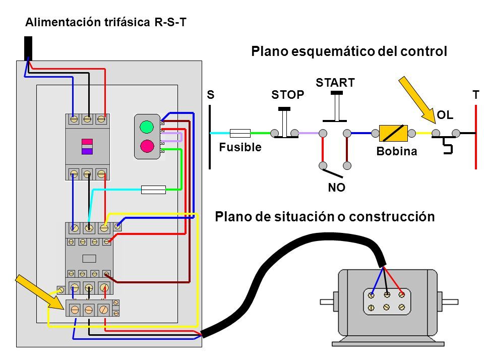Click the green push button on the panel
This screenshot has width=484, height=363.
click(x=147, y=127)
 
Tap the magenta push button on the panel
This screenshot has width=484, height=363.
click(x=147, y=146)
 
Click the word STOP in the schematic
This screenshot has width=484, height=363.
click(x=288, y=94)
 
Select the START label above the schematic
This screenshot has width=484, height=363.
click(x=335, y=83)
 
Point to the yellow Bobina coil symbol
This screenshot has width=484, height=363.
click(x=393, y=133)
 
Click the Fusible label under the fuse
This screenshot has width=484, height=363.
click(x=240, y=147)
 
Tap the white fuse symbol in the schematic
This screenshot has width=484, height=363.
click(x=240, y=133)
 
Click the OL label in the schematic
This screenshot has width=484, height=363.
click(x=445, y=115)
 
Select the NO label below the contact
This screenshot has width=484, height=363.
click(x=336, y=188)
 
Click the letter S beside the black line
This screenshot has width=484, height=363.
click(x=211, y=94)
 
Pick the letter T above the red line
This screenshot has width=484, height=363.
click(x=476, y=95)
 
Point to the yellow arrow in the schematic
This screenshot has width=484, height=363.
click(x=417, y=100)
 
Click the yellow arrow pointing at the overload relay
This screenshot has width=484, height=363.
click(x=39, y=291)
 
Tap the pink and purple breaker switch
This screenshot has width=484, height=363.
click(x=87, y=147)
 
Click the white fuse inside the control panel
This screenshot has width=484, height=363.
click(x=153, y=190)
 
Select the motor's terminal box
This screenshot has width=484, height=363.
click(x=387, y=301)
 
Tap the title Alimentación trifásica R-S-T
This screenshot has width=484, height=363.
click(x=106, y=22)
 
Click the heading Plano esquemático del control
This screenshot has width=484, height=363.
click(x=349, y=51)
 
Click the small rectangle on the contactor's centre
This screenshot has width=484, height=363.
click(x=89, y=258)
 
